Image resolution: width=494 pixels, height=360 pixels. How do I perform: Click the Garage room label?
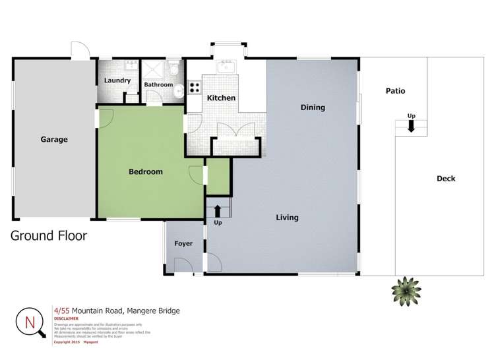click(x=54, y=140)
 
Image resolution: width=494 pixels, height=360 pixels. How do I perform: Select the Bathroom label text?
click(x=158, y=85)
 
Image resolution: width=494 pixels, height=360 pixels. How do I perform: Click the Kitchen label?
click(x=221, y=98)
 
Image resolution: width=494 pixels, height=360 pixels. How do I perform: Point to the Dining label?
click(x=313, y=107)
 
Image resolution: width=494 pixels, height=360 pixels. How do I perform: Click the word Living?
click(x=287, y=218)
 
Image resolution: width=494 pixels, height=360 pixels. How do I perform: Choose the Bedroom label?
click(x=145, y=172)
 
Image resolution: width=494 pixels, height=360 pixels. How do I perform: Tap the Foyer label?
click(x=183, y=244)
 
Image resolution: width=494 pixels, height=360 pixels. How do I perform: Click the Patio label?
click(x=395, y=92)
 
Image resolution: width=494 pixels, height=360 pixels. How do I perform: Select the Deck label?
click(x=446, y=179)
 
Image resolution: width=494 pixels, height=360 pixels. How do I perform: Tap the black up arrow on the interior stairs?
click(x=218, y=211)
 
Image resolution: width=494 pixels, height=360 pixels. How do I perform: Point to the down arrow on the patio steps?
click(x=411, y=127)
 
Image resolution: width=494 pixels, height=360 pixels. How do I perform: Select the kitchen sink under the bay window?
click(x=227, y=66)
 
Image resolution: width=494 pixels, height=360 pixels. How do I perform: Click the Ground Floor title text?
click(x=49, y=235)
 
